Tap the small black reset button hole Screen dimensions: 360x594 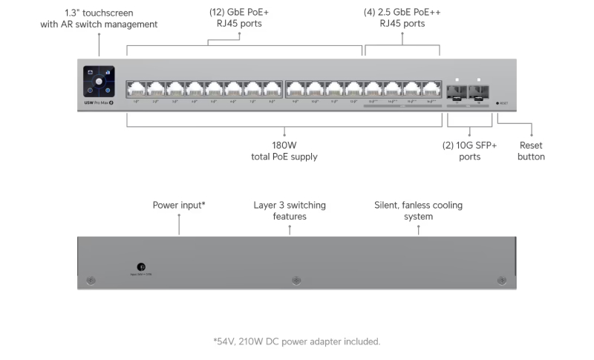[497, 103]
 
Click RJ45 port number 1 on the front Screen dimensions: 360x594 [137, 89]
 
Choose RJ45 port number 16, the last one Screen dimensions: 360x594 [431, 89]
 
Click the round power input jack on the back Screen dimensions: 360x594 [141, 266]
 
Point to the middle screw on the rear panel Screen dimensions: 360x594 [297, 281]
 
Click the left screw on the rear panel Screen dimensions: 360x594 [91, 281]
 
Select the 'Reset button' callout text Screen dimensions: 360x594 [531, 151]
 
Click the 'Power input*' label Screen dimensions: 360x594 [179, 205]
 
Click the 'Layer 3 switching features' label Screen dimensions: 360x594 [290, 210]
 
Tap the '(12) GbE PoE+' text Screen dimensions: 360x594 [239, 12]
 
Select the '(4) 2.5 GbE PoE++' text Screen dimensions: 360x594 [402, 12]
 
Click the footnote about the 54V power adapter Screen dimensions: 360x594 [296, 341]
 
